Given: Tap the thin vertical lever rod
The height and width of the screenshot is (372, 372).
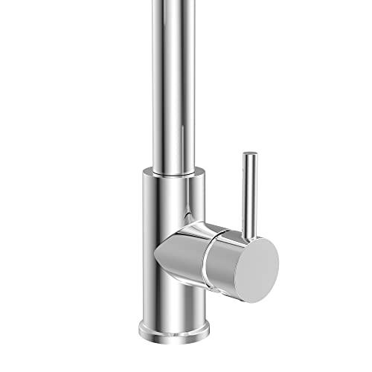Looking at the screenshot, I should (249, 193).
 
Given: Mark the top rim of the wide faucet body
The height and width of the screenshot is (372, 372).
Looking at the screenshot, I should (173, 173).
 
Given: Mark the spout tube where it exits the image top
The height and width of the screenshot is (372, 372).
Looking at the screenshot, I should (172, 3).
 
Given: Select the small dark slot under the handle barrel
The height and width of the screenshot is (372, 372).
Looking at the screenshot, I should (223, 292).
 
